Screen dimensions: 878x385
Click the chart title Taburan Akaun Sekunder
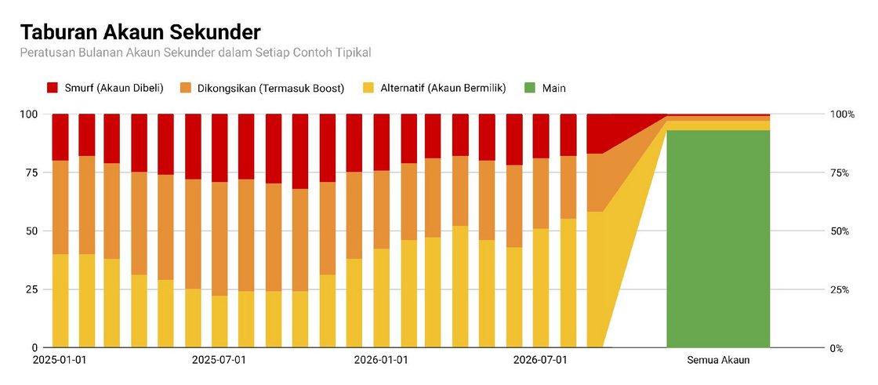pos(140,32)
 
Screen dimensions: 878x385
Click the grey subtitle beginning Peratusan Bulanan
pos(196,53)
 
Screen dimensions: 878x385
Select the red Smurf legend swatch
pos(53,87)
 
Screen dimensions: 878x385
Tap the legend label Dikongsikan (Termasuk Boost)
pos(271,88)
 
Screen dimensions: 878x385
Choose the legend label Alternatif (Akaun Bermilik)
pos(443,88)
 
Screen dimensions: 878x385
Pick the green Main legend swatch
pos(530,87)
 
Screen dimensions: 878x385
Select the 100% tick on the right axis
pos(842,114)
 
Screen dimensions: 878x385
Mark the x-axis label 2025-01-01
pos(60,360)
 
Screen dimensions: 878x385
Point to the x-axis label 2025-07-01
pos(219,360)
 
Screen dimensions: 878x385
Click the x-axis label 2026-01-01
pos(381,360)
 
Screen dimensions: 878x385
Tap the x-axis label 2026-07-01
pos(540,360)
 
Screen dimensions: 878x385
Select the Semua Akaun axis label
pos(718,360)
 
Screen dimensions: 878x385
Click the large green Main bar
pos(718,238)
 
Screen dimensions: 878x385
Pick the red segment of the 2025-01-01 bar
pos(60,137)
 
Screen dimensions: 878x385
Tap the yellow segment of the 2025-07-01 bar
pos(219,321)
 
